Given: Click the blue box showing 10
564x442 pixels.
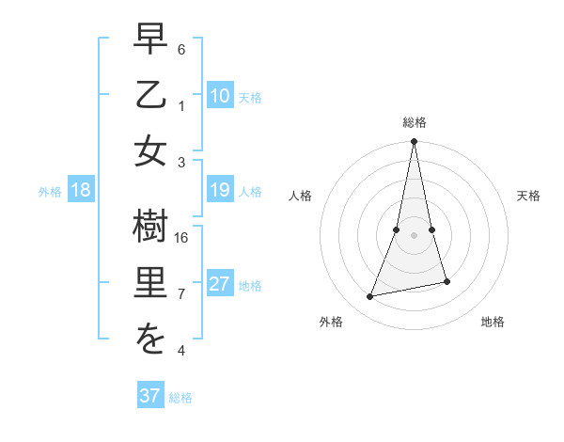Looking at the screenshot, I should click(220, 95).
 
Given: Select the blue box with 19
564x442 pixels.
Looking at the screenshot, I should click(220, 191).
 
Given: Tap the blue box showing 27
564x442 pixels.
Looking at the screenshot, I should click(220, 285).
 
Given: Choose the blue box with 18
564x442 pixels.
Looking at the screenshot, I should click(81, 191).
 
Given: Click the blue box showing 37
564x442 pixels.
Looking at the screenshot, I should click(150, 396).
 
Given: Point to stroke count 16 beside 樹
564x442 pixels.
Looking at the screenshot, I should click(182, 238).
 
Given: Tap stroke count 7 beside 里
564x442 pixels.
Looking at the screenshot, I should click(181, 294).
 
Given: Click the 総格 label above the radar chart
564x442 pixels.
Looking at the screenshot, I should click(415, 122).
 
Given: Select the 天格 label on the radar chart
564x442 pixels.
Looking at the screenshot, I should click(528, 196).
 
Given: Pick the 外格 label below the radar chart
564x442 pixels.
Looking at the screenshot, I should click(330, 322).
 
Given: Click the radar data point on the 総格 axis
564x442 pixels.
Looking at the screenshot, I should click(415, 142).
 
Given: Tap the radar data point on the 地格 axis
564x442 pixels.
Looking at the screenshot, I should click(446, 281).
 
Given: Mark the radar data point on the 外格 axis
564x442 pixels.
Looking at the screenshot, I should click(370, 297).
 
